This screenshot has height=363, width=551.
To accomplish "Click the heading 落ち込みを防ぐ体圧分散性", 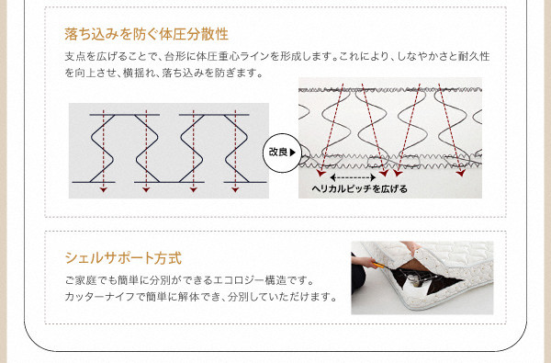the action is (147, 35).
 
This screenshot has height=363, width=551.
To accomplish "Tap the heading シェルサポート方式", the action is (123, 258).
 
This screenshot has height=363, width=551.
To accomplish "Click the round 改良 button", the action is (282, 153).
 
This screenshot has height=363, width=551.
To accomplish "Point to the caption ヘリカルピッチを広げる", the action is (359, 189).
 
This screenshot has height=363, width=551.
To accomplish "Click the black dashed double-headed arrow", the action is (353, 177).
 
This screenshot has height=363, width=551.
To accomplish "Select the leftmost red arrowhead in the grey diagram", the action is (103, 189).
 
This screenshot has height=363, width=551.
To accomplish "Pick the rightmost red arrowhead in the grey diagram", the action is (235, 189).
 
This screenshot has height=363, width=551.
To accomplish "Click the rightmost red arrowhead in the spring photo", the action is (461, 173).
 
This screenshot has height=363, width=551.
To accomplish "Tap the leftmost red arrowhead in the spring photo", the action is (320, 173).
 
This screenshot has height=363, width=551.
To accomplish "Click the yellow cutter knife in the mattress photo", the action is (378, 265).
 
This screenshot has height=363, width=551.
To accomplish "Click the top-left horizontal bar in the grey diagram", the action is (124, 115).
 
